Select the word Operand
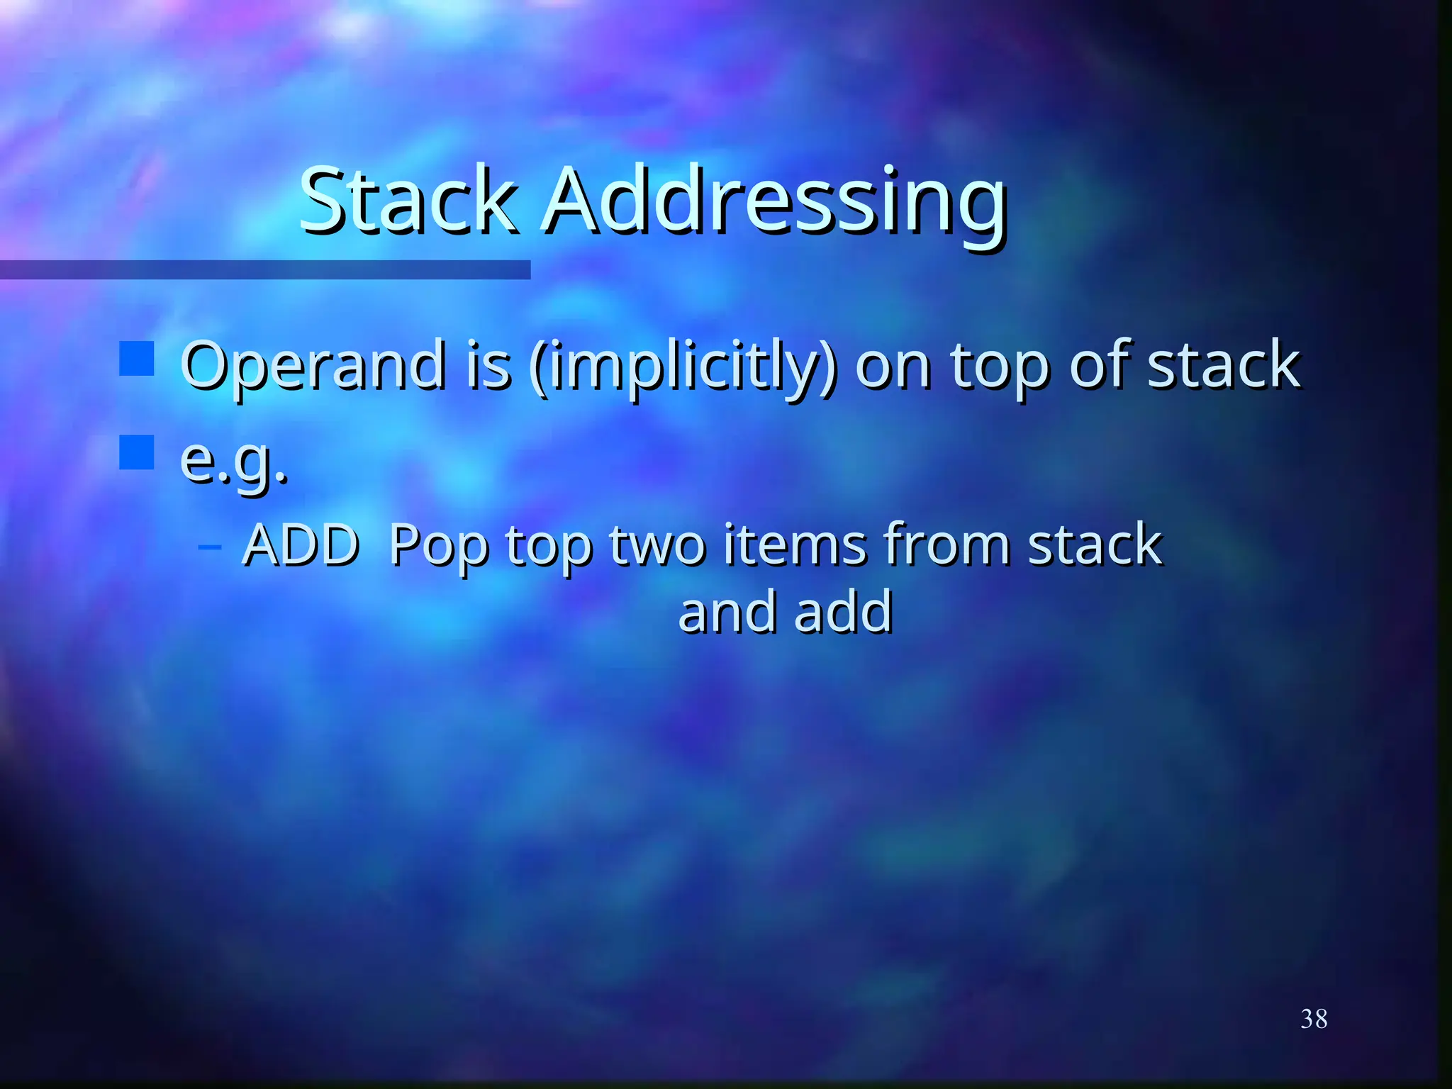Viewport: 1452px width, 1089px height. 312,367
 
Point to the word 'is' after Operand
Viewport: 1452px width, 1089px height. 488,366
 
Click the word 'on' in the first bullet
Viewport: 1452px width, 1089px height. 893,367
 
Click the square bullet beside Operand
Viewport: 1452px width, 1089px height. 137,359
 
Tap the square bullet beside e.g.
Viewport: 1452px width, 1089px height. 137,452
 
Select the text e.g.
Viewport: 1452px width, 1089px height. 234,461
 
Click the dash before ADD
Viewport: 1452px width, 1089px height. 210,546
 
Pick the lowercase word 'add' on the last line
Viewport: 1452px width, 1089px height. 843,611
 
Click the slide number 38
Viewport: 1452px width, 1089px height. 1314,1019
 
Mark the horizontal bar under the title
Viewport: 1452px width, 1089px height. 265,269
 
